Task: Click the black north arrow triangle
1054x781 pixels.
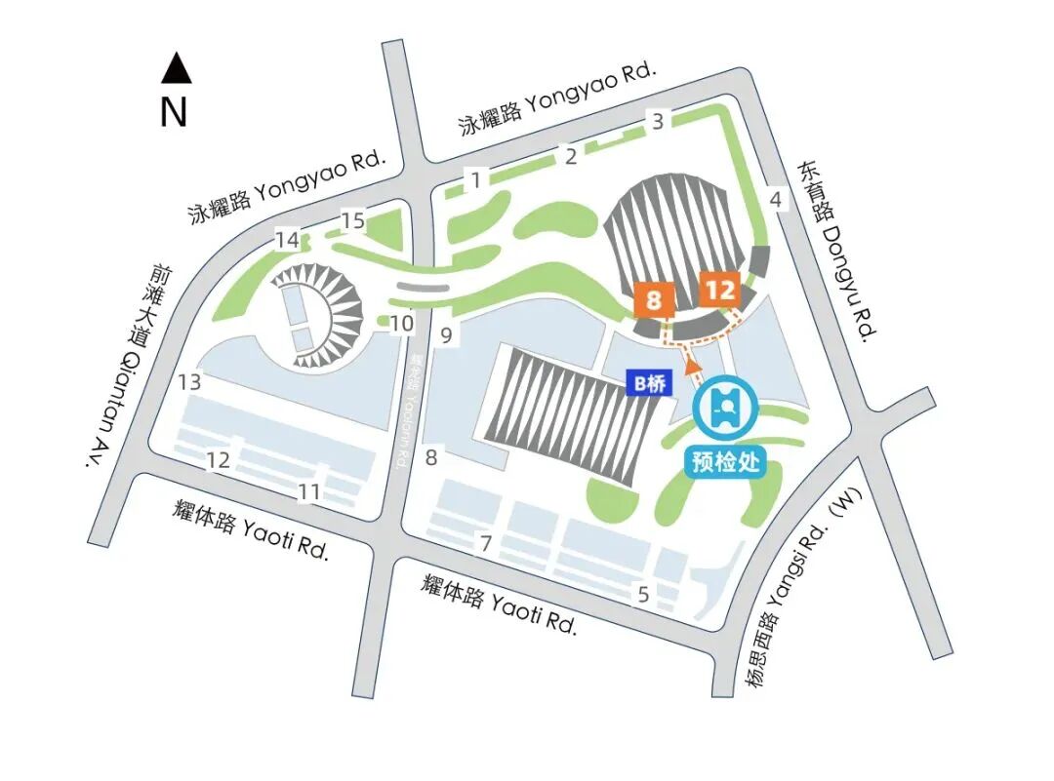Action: pyautogui.click(x=176, y=68)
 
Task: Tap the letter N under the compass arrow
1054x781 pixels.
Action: pyautogui.click(x=174, y=113)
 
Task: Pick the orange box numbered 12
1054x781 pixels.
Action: pyautogui.click(x=719, y=291)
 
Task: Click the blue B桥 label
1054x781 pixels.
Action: pyautogui.click(x=649, y=384)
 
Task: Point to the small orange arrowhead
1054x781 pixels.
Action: pyautogui.click(x=693, y=366)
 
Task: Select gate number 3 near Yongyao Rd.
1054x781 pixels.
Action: pyautogui.click(x=659, y=122)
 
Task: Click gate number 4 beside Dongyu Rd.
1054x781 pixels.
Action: pyautogui.click(x=777, y=200)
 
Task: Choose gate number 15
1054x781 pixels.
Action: pyautogui.click(x=352, y=221)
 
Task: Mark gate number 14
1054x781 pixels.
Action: pyautogui.click(x=287, y=240)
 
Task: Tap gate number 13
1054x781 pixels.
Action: pyautogui.click(x=190, y=382)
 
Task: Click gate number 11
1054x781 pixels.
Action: pyautogui.click(x=309, y=492)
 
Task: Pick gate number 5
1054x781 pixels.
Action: pyautogui.click(x=643, y=594)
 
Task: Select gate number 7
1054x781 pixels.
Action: pyautogui.click(x=484, y=543)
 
